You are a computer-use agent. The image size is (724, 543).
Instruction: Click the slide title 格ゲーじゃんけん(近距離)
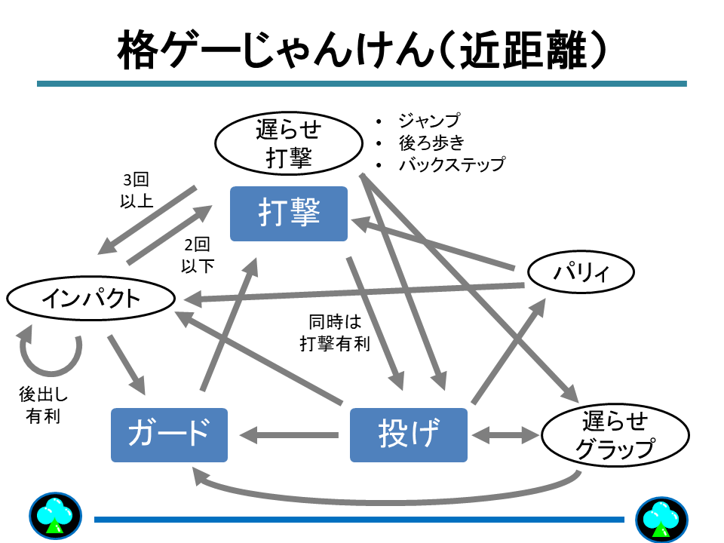(362, 51)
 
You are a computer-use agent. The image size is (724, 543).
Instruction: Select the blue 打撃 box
(289, 214)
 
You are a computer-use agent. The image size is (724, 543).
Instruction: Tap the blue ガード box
(169, 434)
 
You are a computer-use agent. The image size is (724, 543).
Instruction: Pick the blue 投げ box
(409, 434)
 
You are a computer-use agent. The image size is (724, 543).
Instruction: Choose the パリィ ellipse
(581, 272)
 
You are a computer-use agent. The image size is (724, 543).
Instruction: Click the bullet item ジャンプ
(428, 121)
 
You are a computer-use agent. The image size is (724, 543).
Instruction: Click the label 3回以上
(137, 191)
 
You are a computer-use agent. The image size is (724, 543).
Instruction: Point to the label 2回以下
(197, 255)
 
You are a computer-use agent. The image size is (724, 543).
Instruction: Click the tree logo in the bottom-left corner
(55, 517)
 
